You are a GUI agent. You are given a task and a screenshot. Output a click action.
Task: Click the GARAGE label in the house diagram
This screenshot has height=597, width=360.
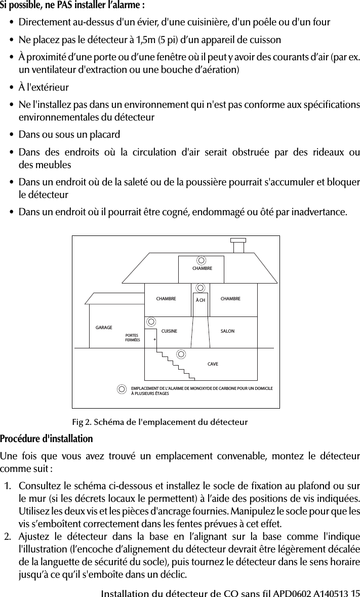(x=104, y=328)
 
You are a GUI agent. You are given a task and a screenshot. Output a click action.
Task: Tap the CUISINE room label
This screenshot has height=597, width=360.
(x=169, y=331)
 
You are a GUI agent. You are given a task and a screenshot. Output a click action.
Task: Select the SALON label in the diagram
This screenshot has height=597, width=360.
(x=228, y=331)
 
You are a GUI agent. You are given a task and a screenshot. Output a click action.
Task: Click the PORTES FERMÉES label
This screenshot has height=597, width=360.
(x=132, y=337)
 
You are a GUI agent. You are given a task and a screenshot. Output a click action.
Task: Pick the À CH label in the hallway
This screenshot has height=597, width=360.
(x=201, y=300)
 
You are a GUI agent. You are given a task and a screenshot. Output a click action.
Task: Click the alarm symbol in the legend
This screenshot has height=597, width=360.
(x=122, y=389)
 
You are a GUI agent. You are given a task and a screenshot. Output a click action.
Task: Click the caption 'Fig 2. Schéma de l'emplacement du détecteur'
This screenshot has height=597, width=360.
(x=160, y=422)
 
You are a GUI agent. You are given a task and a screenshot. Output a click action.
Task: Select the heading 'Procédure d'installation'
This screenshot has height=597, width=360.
(x=47, y=437)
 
